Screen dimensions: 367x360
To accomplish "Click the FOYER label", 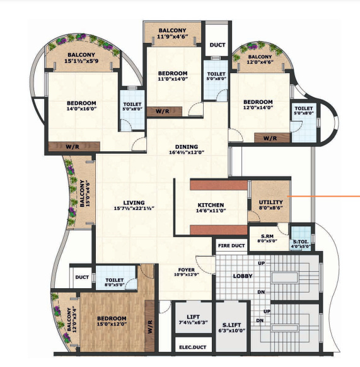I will pos(186,270).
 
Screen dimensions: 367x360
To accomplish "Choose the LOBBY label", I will pos(243,276).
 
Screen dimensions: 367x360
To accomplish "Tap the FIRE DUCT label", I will pos(231,245).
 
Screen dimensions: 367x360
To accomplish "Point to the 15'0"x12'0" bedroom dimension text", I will pos(111,325).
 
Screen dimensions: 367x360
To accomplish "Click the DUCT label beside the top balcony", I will pos(218,45).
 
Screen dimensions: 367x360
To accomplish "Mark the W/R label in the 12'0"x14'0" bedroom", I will pos(270,138).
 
